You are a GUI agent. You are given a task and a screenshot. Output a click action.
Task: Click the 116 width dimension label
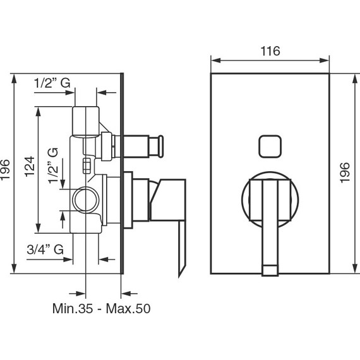[x=270, y=51]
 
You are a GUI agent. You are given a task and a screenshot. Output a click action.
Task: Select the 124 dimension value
[x=30, y=167]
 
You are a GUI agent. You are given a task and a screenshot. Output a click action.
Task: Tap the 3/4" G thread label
[x=45, y=249]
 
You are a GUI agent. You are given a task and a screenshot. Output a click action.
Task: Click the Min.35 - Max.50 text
[x=101, y=308]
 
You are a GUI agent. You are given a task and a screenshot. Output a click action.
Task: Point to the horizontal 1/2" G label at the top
[x=52, y=83]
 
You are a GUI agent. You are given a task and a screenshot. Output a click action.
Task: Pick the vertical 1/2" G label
[x=52, y=165]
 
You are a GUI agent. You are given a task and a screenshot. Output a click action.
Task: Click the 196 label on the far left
[x=5, y=170]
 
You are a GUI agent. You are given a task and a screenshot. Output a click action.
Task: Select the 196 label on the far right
[x=345, y=173]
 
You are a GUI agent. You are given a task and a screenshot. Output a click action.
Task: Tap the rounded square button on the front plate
[x=270, y=147]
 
